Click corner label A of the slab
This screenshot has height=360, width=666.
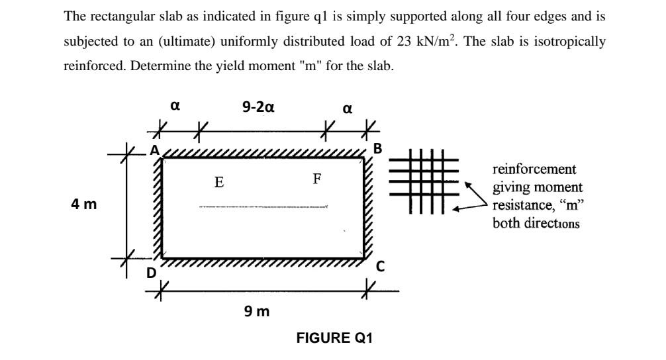(155, 150)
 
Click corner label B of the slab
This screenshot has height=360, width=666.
(378, 148)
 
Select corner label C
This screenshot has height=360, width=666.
(380, 267)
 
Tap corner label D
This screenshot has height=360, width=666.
(152, 273)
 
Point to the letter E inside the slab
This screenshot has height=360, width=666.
(218, 181)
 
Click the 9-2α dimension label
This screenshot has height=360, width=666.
(259, 106)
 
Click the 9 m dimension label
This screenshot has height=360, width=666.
(257, 311)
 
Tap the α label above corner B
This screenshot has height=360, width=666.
(348, 107)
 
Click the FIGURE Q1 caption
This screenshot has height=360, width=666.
(334, 338)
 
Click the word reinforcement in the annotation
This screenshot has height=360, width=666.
(534, 169)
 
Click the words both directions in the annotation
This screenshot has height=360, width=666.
(536, 223)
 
